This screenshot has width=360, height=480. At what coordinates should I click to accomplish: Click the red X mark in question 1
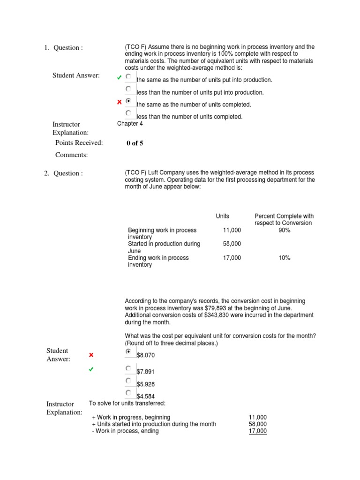click(x=120, y=102)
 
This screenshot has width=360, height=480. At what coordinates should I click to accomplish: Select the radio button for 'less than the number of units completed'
click(x=128, y=113)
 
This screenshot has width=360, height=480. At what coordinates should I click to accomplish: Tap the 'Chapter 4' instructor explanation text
click(x=130, y=124)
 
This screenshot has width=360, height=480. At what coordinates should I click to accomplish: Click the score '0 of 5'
click(x=135, y=143)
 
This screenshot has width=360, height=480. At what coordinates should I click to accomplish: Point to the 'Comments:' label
click(x=71, y=155)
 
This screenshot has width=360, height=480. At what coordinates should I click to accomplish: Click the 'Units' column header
click(x=222, y=216)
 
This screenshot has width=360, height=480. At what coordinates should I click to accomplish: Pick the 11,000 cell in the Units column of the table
click(x=232, y=230)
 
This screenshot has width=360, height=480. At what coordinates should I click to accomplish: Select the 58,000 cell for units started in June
click(x=232, y=244)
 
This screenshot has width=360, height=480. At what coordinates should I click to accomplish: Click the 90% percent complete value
click(x=284, y=230)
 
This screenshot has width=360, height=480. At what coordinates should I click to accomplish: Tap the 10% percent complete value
click(x=284, y=258)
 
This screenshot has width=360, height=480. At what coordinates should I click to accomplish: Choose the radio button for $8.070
click(x=128, y=352)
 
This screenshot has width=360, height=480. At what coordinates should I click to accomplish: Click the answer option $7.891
click(x=145, y=372)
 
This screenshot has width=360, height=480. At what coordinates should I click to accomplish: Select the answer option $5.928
click(x=145, y=384)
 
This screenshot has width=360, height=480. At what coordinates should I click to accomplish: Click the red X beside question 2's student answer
click(x=91, y=355)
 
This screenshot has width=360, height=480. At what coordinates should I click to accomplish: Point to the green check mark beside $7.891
click(x=91, y=370)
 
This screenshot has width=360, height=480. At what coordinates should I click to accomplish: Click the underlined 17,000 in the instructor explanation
click(x=257, y=431)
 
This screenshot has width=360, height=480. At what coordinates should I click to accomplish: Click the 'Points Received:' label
click(x=79, y=143)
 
